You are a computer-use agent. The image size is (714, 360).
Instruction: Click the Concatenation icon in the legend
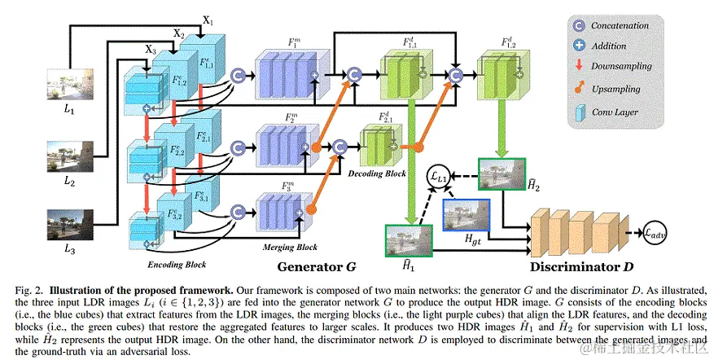[580, 26]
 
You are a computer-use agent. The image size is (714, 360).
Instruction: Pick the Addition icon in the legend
[580, 46]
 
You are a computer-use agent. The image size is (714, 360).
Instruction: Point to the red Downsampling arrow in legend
[580, 67]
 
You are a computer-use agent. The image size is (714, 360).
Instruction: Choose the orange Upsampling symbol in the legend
[580, 88]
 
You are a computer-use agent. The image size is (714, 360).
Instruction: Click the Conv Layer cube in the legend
[580, 112]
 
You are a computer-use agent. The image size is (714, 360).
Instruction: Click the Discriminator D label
[581, 266]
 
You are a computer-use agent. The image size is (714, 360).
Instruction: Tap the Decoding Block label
[378, 173]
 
